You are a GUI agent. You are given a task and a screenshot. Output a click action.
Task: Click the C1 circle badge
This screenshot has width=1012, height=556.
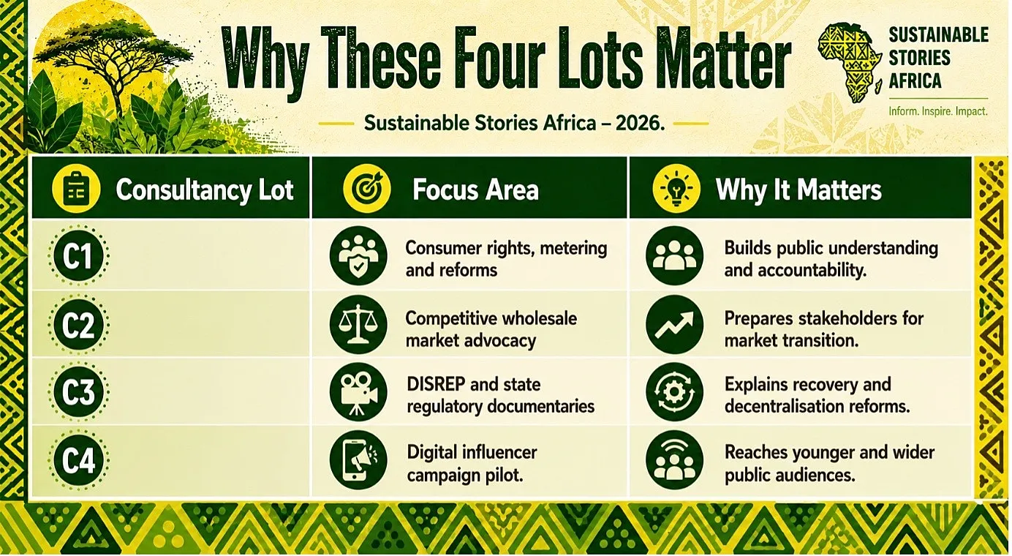point(79,255)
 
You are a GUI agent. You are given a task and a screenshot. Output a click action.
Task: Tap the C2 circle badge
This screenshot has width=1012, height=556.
point(79,325)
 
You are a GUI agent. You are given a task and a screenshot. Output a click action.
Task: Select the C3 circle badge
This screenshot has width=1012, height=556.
point(79,391)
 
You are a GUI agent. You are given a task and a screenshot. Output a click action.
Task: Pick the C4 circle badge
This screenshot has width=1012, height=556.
point(79,460)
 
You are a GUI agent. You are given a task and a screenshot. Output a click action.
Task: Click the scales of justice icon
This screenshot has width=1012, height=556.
point(358,325)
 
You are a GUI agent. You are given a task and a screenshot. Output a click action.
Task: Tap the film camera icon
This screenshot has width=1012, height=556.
point(358,392)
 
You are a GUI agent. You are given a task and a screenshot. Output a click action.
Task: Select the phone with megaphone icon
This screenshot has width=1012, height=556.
point(358,459)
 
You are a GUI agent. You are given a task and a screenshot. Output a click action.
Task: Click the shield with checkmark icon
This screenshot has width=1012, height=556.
point(358,255)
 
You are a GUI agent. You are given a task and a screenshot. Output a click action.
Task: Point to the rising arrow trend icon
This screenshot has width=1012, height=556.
point(674,325)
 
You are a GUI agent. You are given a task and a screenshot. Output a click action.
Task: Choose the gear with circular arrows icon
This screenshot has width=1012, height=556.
point(674,392)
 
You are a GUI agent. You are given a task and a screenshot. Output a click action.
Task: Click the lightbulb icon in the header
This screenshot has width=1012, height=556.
point(676,189)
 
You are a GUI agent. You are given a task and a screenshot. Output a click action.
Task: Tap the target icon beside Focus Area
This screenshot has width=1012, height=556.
point(366,189)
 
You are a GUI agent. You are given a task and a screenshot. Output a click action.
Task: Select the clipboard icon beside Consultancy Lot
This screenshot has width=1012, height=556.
point(76,189)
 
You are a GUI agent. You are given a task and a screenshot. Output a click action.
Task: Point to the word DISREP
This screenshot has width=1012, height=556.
point(436,384)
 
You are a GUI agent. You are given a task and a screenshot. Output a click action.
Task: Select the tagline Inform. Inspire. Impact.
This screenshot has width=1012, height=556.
point(938,111)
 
